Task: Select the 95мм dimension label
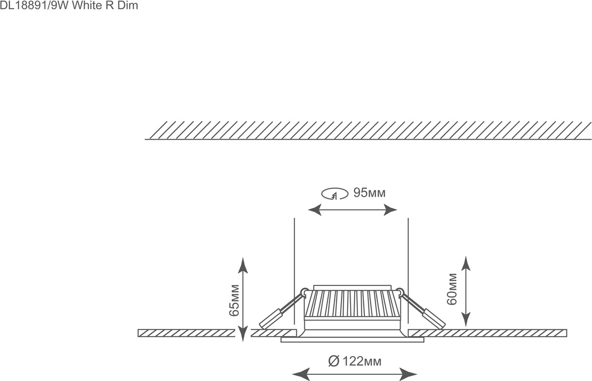click(x=369, y=193)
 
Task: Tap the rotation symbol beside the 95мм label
click(x=334, y=194)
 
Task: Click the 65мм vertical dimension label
click(x=234, y=300)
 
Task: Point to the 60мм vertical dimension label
click(x=452, y=289)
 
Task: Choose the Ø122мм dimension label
click(x=355, y=362)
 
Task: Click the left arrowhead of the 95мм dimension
click(x=314, y=209)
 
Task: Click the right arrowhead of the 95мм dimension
click(x=391, y=209)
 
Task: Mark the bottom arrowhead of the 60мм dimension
click(x=466, y=319)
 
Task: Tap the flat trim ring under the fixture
click(x=352, y=340)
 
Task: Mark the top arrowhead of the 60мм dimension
click(x=466, y=264)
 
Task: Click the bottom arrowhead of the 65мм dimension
click(x=243, y=334)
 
